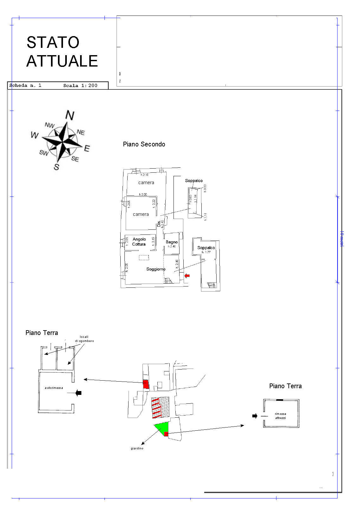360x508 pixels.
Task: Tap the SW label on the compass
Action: point(44,153)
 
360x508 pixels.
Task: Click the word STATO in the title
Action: point(53,42)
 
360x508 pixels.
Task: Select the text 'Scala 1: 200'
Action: point(80,86)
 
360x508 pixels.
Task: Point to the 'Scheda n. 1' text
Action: point(25,86)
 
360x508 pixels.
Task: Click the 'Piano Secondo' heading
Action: point(144,144)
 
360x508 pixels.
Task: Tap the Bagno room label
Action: point(172,242)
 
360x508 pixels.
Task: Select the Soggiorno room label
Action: point(156,269)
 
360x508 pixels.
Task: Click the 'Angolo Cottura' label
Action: point(139,242)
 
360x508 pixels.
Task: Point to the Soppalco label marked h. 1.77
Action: point(206,248)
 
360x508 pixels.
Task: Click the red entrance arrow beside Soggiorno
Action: point(187,276)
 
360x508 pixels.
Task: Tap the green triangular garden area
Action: point(162,428)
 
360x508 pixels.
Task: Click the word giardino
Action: point(137,448)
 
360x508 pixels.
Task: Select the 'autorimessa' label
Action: point(54,388)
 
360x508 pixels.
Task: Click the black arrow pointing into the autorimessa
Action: point(79,393)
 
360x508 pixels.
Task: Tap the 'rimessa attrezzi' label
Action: point(281,416)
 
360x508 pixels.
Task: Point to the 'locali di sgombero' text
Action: point(84,339)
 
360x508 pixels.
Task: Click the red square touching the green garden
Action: point(166,434)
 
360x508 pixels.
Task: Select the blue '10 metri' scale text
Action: point(341,239)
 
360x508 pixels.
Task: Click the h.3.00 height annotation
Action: point(143,194)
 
